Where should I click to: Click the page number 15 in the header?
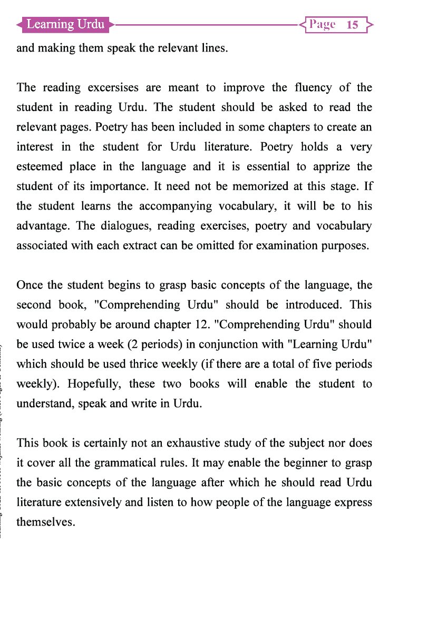click(353, 25)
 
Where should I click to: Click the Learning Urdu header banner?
click(65, 24)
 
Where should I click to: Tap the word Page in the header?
click(323, 25)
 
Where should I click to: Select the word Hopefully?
click(93, 384)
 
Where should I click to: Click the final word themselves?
click(46, 523)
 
